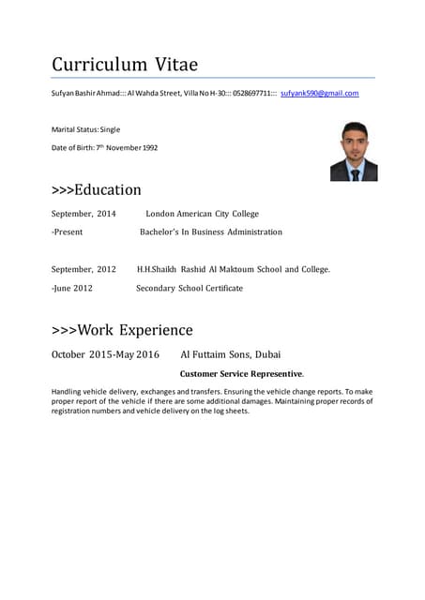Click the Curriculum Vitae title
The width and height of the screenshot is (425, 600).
[x=124, y=65]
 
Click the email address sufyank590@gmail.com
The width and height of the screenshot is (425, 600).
[x=319, y=94]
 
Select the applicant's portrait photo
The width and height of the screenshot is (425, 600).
[x=353, y=151]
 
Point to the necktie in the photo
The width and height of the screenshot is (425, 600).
[x=355, y=173]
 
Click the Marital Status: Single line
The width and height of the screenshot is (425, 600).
[x=85, y=129]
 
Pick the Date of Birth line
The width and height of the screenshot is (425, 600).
[x=104, y=148]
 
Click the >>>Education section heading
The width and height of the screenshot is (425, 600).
[x=96, y=190]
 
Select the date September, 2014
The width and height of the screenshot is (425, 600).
[x=83, y=214]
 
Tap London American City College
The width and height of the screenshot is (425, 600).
[x=202, y=214]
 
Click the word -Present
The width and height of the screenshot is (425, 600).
[x=68, y=232]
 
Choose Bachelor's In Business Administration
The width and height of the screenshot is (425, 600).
[x=210, y=232]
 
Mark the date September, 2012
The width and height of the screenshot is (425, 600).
[x=83, y=269]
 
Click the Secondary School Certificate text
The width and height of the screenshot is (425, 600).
[x=189, y=288]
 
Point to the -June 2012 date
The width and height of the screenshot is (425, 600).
[x=71, y=288]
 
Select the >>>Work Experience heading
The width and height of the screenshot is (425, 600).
[x=122, y=330]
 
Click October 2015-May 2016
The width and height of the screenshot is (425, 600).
[x=105, y=354]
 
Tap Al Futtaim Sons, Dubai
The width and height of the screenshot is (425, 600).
[x=230, y=354]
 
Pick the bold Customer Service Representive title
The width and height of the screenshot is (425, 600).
[x=241, y=374]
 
